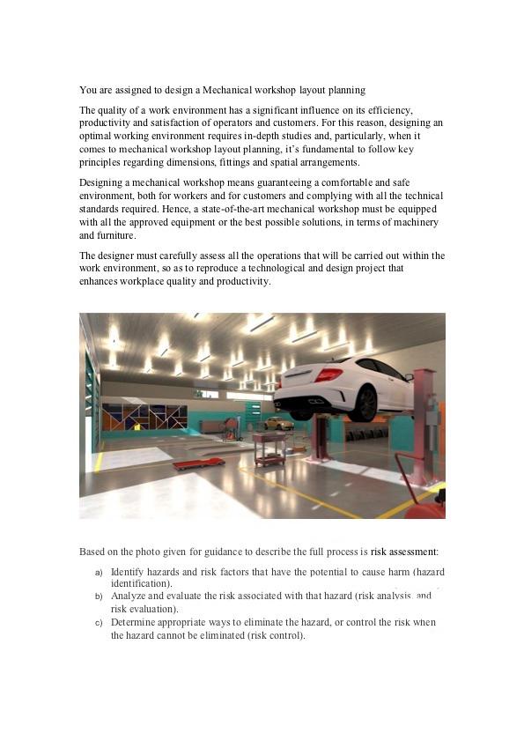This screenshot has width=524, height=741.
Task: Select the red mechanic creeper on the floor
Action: point(199,463)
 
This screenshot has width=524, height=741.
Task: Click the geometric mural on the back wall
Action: point(144,417)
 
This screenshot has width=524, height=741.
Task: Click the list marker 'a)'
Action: point(99,573)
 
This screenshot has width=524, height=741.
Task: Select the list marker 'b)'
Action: point(99,597)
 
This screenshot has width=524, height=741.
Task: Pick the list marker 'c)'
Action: point(99,623)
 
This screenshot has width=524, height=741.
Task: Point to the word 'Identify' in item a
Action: point(128,572)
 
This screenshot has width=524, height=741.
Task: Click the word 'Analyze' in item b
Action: point(129,597)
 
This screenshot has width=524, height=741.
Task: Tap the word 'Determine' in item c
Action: point(134,622)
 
